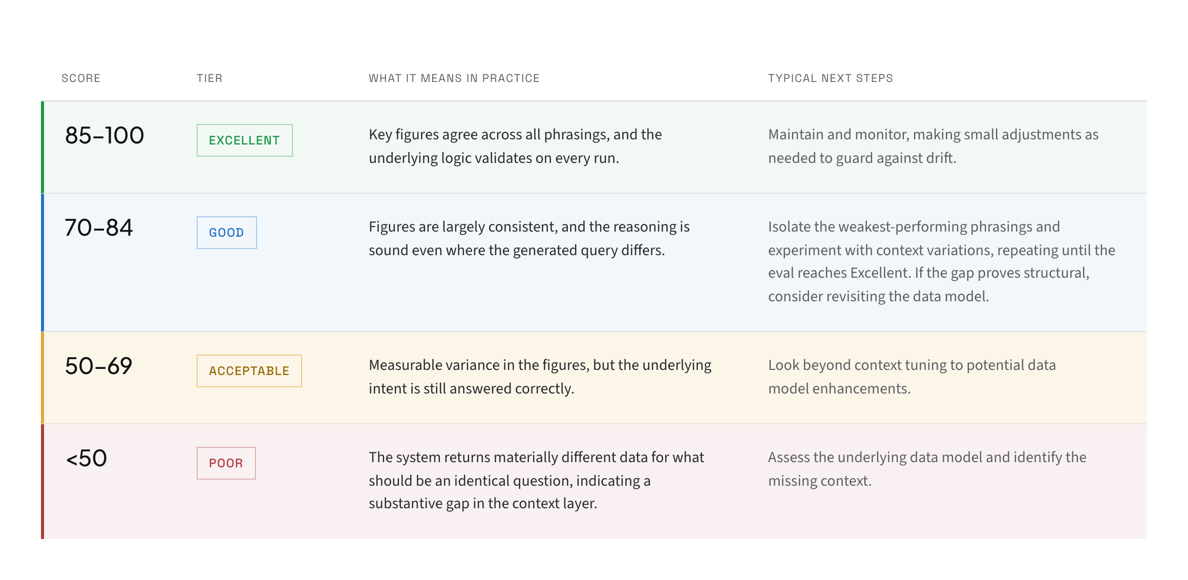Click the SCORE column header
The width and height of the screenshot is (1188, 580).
coord(81,78)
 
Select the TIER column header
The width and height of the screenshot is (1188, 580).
coord(209,78)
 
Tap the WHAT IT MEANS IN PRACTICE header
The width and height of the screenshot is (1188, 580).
coord(454,78)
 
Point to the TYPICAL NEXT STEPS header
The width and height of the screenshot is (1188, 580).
coord(831,78)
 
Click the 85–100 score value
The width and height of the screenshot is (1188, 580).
coord(104,136)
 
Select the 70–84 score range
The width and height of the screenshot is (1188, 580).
coord(99,228)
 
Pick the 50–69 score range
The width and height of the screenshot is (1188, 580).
coord(99,366)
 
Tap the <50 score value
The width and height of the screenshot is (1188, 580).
coord(87,459)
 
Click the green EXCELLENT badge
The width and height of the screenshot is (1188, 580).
coord(245,140)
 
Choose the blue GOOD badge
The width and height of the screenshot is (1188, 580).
coord(227,233)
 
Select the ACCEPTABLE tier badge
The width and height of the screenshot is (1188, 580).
coord(249,371)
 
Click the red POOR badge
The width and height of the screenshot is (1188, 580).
coord(226,463)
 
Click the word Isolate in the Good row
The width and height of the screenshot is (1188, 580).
coord(789,226)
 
